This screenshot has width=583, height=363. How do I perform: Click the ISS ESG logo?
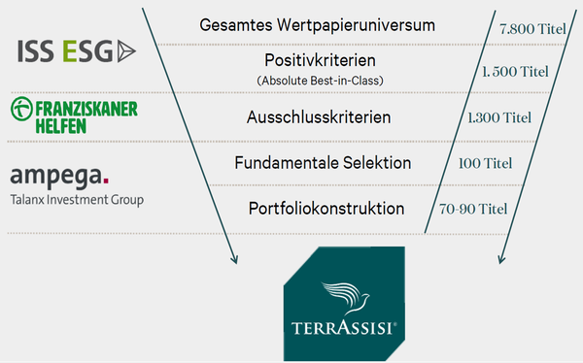click(x=77, y=51)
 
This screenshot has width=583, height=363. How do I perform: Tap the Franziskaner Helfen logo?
click(x=74, y=115)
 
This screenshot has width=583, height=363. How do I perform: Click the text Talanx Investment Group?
click(x=77, y=200)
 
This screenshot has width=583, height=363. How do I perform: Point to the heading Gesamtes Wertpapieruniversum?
click(x=317, y=25)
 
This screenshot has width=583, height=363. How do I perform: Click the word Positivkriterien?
click(x=320, y=60)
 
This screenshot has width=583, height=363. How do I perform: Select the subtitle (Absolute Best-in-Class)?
click(x=320, y=81)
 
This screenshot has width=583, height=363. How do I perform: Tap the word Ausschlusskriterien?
click(x=319, y=117)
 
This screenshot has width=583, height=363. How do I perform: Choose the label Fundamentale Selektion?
click(x=323, y=163)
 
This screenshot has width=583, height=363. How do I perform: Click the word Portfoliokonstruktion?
click(x=326, y=209)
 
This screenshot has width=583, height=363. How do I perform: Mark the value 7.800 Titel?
click(x=532, y=29)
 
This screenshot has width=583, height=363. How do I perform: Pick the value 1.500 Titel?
click(x=515, y=72)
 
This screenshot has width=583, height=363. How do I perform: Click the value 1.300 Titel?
click(x=499, y=117)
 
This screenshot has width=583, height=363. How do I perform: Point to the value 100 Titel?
click(x=485, y=163)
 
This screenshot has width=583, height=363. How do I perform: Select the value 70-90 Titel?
click(x=473, y=209)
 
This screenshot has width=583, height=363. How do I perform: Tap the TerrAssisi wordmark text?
click(x=344, y=328)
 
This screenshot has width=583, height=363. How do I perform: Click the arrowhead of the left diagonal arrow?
click(x=234, y=260)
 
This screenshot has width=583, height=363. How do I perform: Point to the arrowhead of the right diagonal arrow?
click(x=501, y=260)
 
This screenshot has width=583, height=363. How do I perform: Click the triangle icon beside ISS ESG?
click(x=126, y=51)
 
